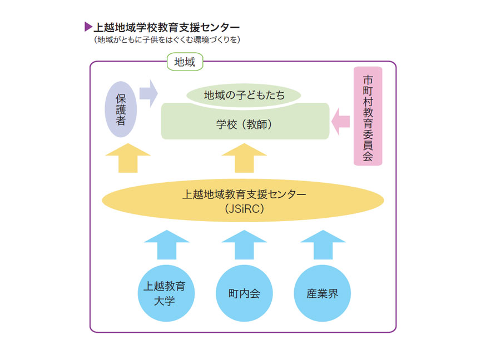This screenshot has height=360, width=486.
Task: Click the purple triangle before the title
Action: pos(88,27)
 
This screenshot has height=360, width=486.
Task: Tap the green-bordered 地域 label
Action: pos(185,62)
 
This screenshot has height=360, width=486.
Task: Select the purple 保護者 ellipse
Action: pos(121,109)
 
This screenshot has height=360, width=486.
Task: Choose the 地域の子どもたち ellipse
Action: pos(244,96)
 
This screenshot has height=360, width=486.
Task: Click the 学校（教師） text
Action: pos(244,125)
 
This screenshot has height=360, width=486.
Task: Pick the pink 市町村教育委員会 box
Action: pos(368,116)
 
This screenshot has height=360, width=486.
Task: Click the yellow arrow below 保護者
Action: pos(127,158)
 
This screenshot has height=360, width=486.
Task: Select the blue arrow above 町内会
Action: pos(244,244)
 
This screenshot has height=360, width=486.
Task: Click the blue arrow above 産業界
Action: pos(323,244)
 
